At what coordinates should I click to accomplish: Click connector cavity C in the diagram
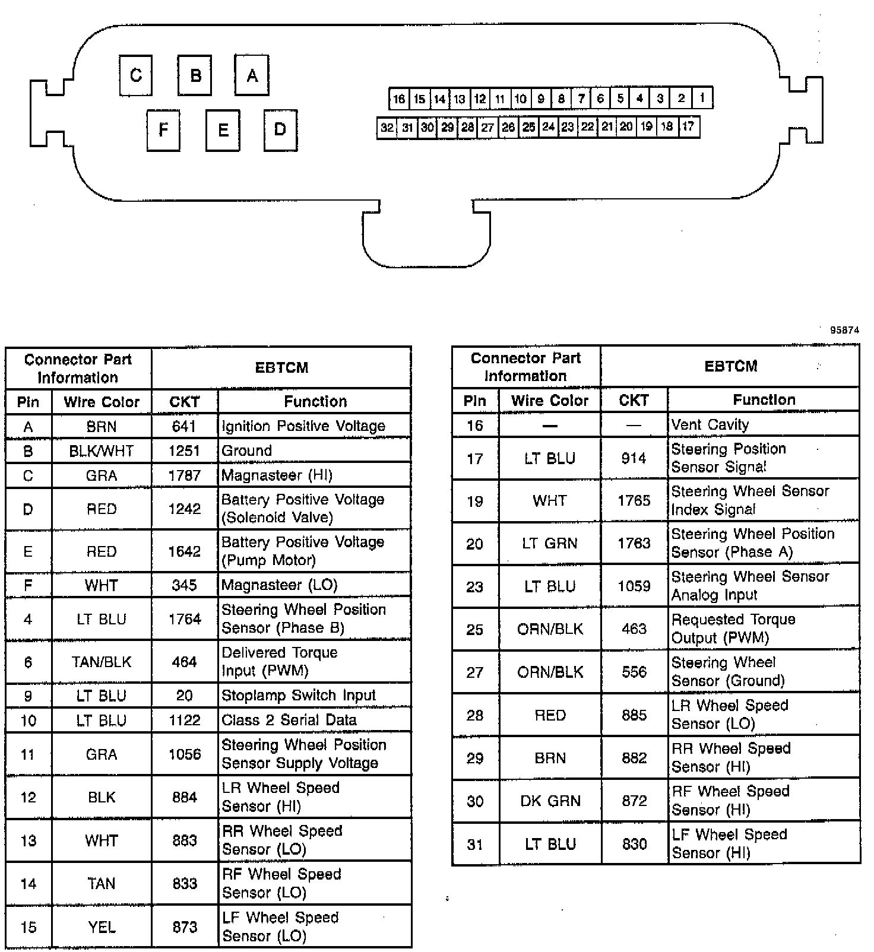pyautogui.click(x=135, y=75)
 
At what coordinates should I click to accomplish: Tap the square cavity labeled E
pyautogui.click(x=223, y=130)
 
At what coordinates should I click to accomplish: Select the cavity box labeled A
pyautogui.click(x=252, y=75)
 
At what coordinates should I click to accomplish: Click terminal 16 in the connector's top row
pyautogui.click(x=399, y=99)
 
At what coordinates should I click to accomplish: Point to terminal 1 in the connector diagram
pyautogui.click(x=702, y=98)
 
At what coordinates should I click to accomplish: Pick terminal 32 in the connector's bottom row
pyautogui.click(x=387, y=128)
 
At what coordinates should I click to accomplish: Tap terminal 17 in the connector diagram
pyautogui.click(x=688, y=126)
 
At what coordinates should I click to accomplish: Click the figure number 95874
pyautogui.click(x=844, y=331)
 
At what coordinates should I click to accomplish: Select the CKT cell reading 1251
pyautogui.click(x=185, y=451)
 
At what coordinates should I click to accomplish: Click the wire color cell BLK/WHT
pyautogui.click(x=102, y=451)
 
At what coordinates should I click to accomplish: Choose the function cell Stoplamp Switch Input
pyautogui.click(x=299, y=695)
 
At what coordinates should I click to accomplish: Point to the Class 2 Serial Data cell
pyautogui.click(x=289, y=720)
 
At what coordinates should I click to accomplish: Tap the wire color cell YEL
pyautogui.click(x=102, y=926)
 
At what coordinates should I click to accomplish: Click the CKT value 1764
pyautogui.click(x=185, y=619)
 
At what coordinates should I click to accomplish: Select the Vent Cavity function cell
pyautogui.click(x=710, y=425)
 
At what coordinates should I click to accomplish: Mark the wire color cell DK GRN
pyautogui.click(x=550, y=801)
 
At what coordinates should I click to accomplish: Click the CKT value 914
pyautogui.click(x=634, y=458)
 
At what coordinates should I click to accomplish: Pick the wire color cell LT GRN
pyautogui.click(x=550, y=543)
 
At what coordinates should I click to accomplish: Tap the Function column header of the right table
pyautogui.click(x=764, y=400)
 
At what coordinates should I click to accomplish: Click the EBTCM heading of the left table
pyautogui.click(x=281, y=368)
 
